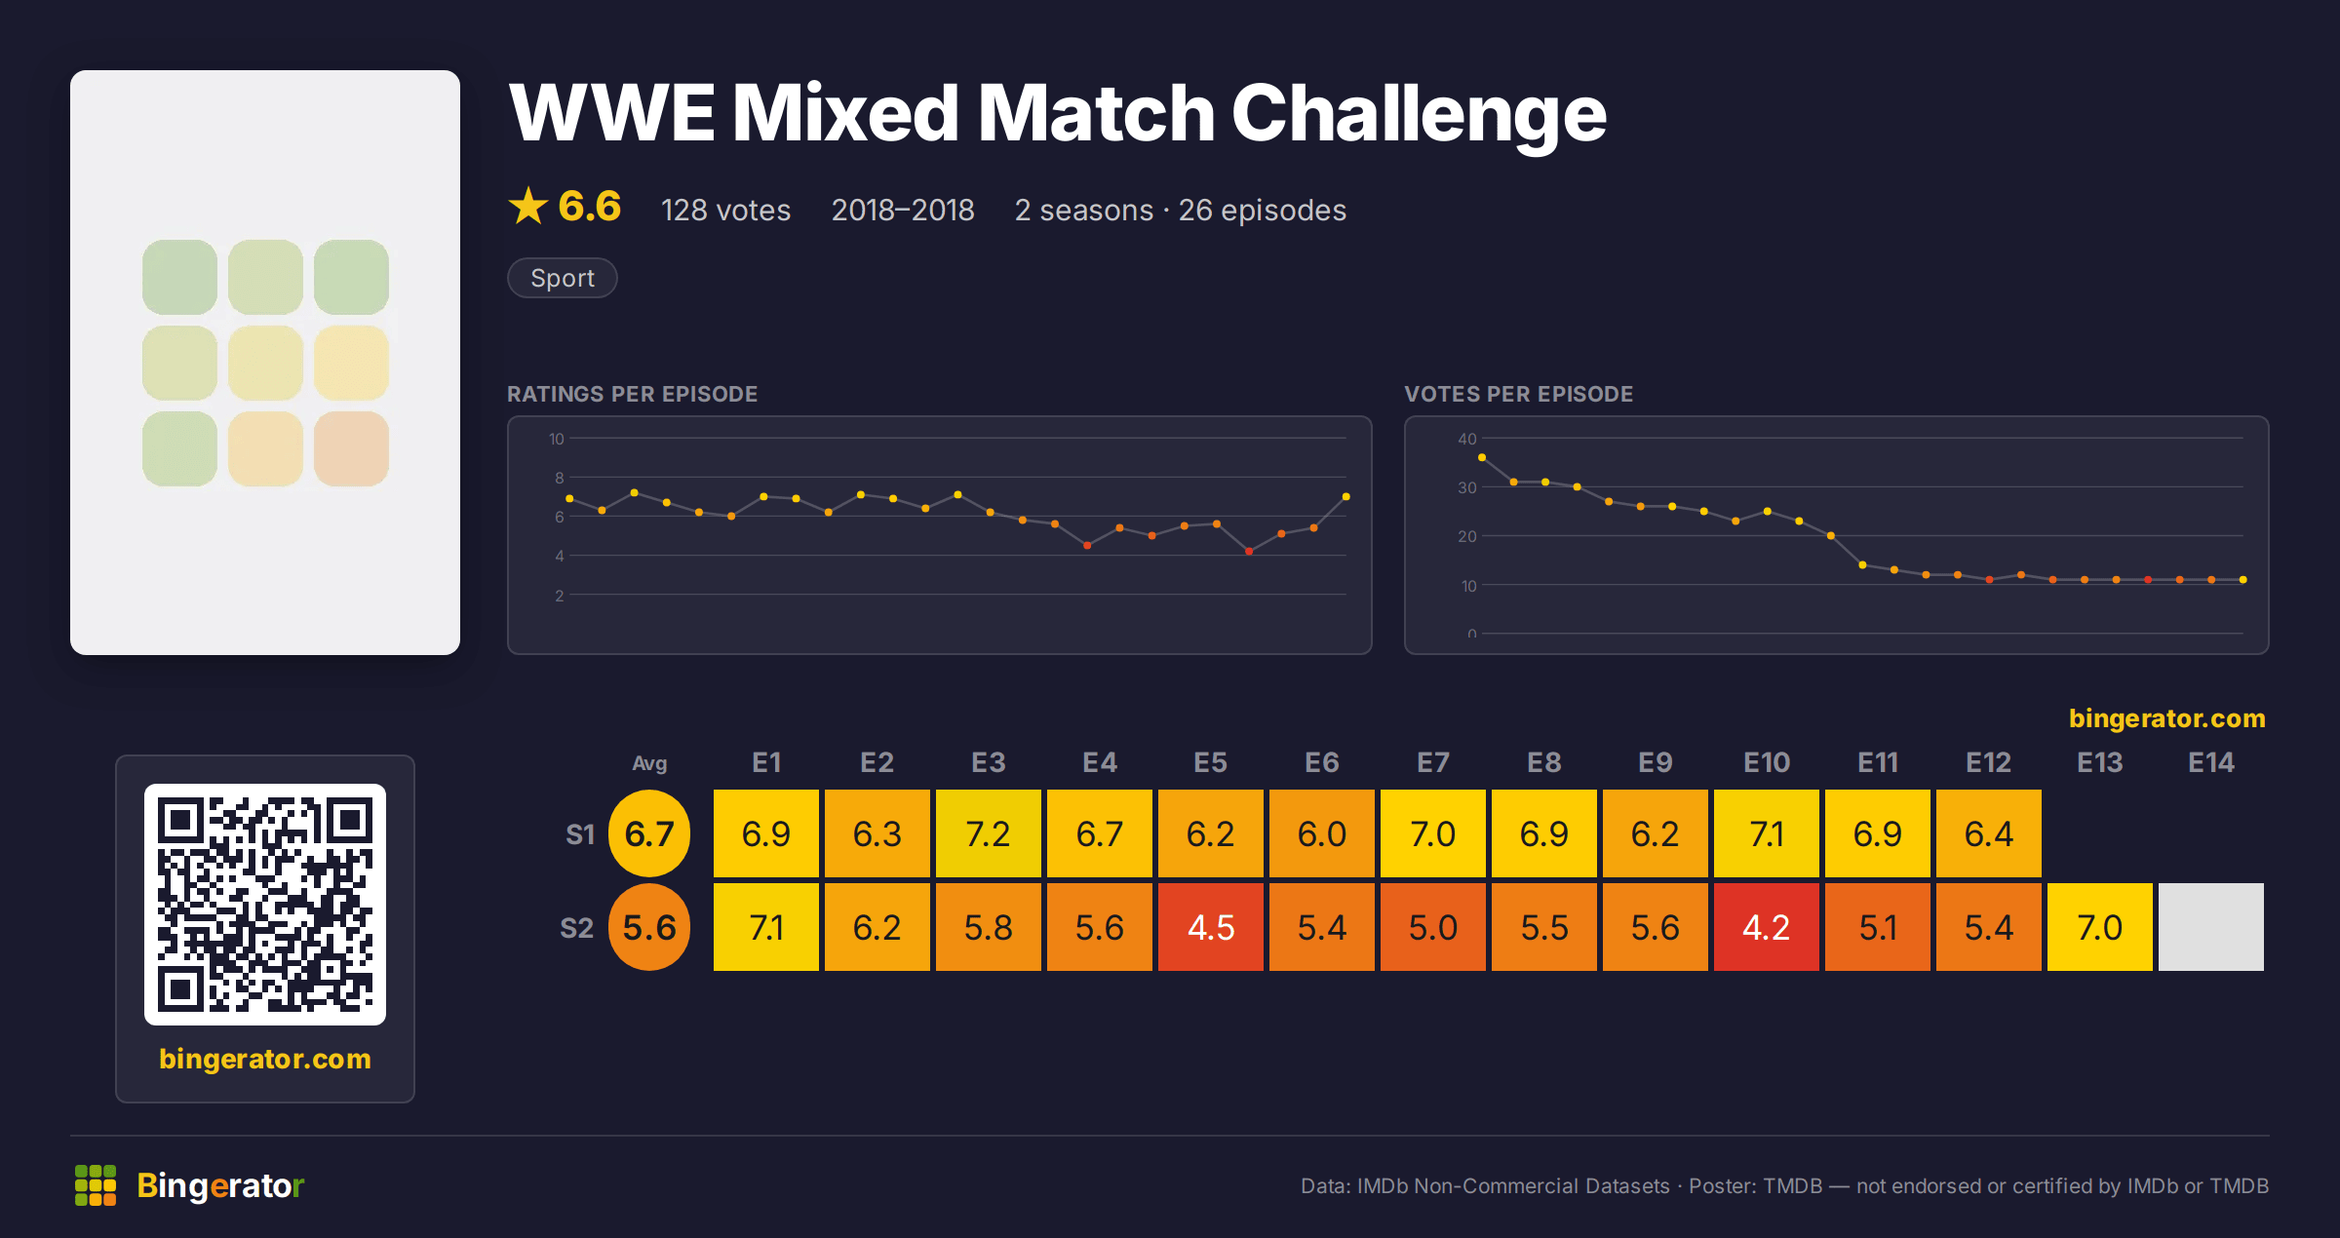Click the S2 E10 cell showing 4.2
click(1766, 927)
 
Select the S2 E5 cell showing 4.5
click(1210, 927)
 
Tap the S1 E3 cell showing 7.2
click(988, 833)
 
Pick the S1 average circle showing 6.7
click(649, 833)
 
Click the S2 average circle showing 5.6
click(649, 927)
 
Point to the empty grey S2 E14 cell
click(2210, 927)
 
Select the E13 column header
click(2099, 762)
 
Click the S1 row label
click(579, 834)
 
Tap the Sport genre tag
click(563, 278)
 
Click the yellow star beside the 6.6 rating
click(528, 206)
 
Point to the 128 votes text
click(725, 210)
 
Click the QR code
click(265, 905)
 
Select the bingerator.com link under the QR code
click(265, 1059)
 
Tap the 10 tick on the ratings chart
click(556, 439)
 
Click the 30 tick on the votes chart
click(1466, 487)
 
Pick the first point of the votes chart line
click(1482, 457)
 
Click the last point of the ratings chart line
click(1346, 497)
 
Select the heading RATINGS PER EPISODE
click(632, 394)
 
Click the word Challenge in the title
click(1419, 113)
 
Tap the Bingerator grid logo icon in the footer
click(96, 1185)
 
